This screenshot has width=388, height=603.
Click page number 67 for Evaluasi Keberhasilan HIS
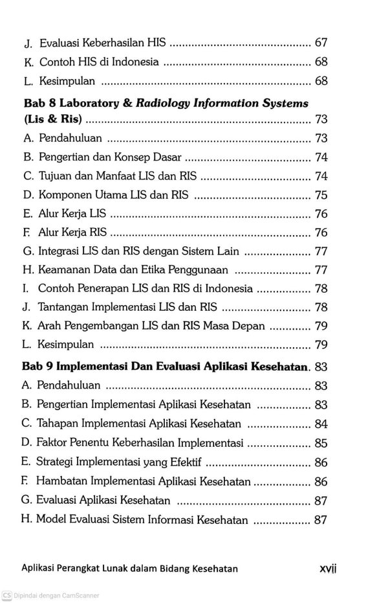coord(321,43)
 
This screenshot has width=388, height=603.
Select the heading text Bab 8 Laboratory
coord(71,103)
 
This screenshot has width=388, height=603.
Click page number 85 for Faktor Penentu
coord(321,444)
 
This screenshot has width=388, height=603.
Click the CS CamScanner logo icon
coord(6,595)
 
